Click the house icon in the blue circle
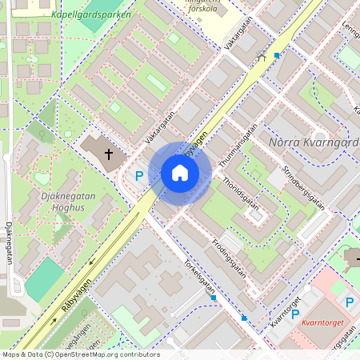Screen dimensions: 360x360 pyautogui.click(x=180, y=173)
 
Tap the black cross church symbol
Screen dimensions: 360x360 pyautogui.click(x=106, y=152)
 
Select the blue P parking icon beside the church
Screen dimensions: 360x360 pyautogui.click(x=138, y=176)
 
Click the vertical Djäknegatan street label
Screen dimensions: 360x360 pyautogui.click(x=9, y=243)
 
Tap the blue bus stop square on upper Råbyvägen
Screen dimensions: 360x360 pyautogui.click(x=277, y=55)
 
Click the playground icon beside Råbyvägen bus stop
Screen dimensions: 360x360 pyautogui.click(x=261, y=58)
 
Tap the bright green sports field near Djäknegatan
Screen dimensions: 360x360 pyautogui.click(x=44, y=279)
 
